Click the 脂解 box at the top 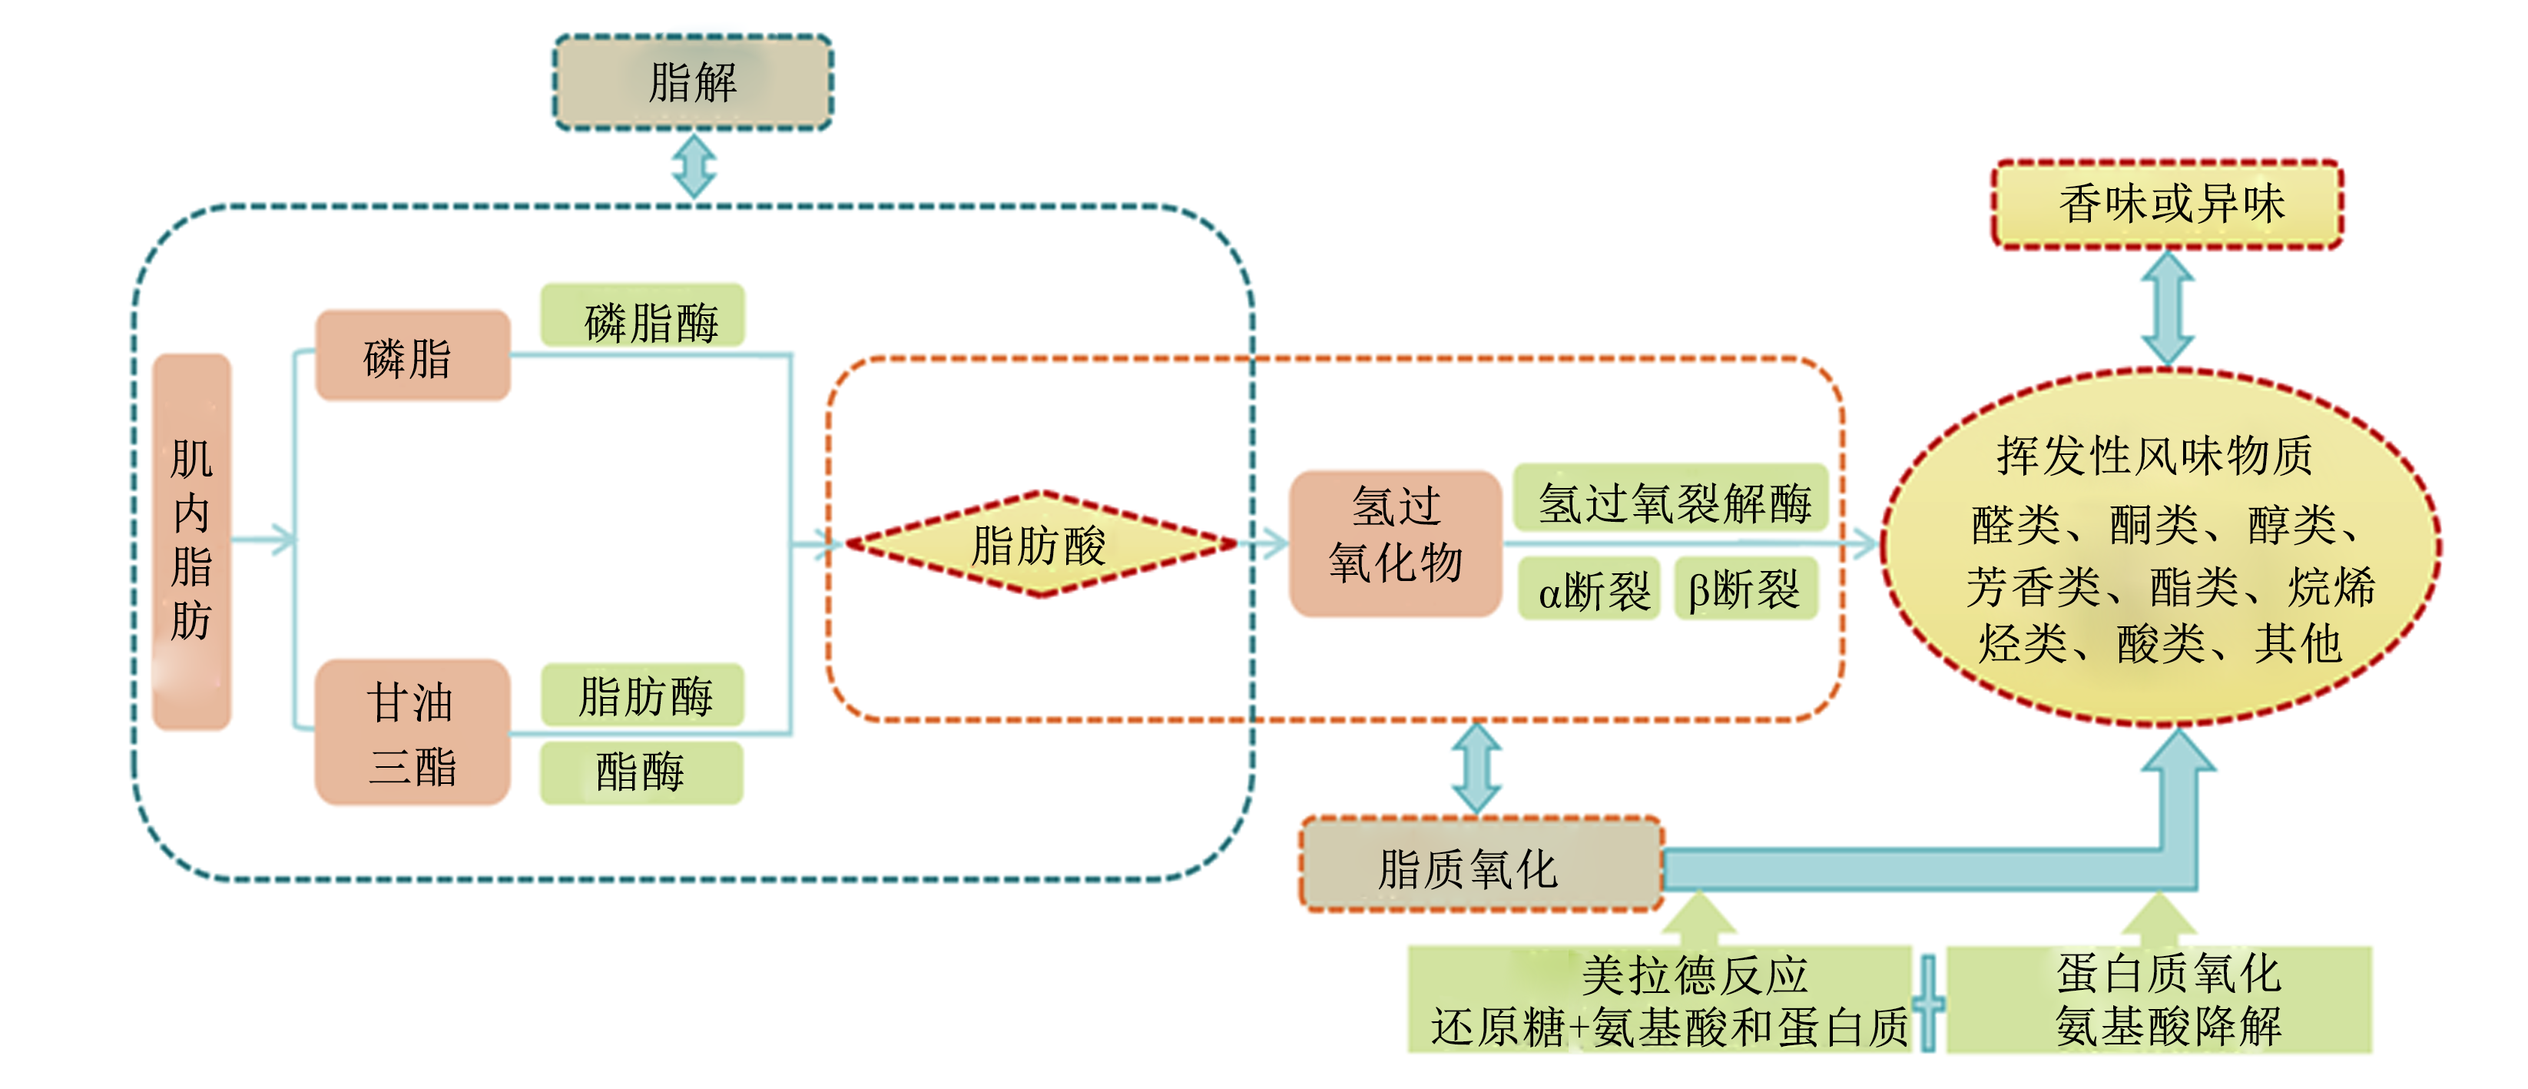693,82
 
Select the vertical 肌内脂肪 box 192,541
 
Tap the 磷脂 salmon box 412,356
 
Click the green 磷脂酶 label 643,316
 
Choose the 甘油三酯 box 412,732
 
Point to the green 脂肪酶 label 643,696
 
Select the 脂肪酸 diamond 1040,543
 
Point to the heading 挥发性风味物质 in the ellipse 2155,455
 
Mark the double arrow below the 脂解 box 694,167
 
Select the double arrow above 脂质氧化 1477,768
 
